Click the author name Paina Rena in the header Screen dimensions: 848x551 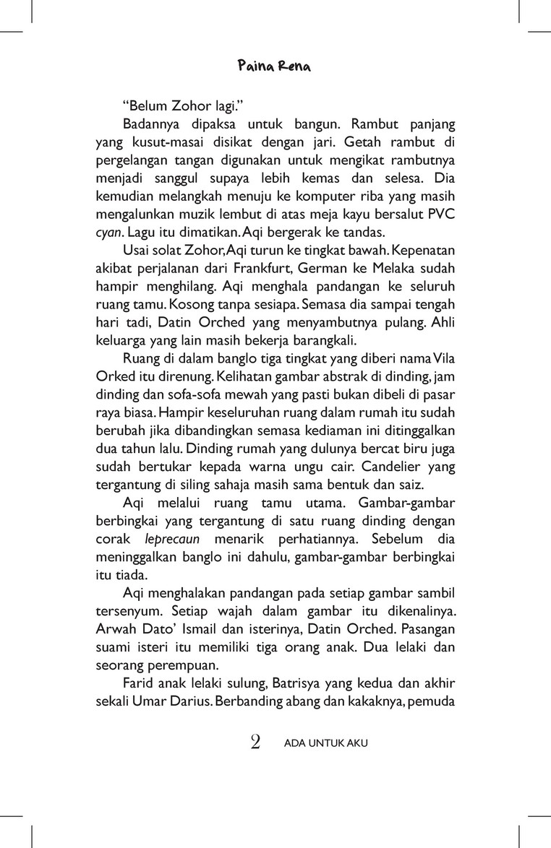click(275, 67)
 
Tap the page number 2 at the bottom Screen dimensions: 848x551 click(255, 742)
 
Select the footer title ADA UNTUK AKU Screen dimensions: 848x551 click(326, 743)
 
